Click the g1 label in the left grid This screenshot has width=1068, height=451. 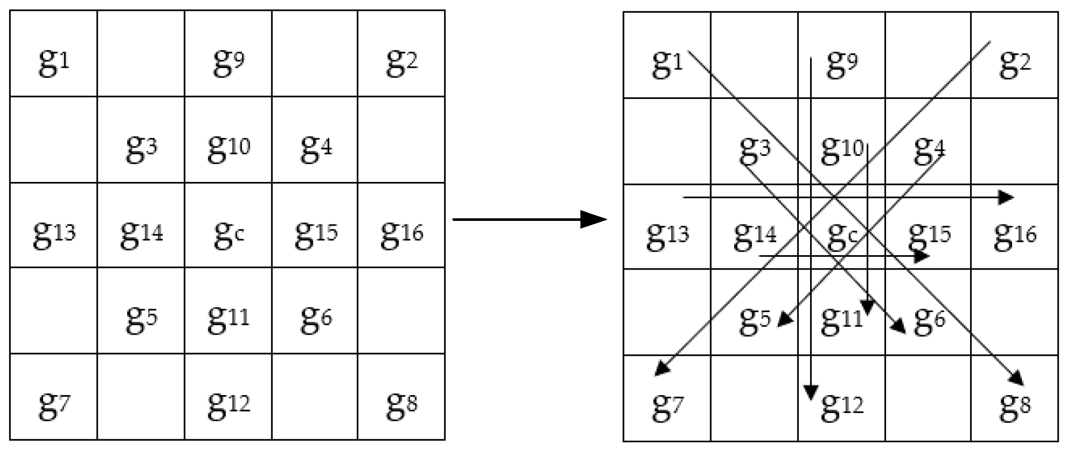click(x=53, y=63)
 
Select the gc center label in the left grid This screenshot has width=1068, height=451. click(x=229, y=234)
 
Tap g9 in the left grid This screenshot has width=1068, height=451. click(x=229, y=63)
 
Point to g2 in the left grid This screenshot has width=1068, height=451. click(x=401, y=63)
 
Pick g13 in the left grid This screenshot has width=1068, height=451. click(x=54, y=234)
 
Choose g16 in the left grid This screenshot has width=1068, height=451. click(x=401, y=234)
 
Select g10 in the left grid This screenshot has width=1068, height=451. click(x=229, y=148)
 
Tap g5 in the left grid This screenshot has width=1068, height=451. click(x=142, y=319)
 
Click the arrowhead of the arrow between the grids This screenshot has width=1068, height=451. click(x=595, y=219)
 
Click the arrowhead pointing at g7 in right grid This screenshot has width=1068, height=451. click(x=662, y=369)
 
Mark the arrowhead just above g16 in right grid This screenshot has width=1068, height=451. click(x=1006, y=197)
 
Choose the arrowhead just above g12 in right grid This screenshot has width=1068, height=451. click(x=810, y=392)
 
